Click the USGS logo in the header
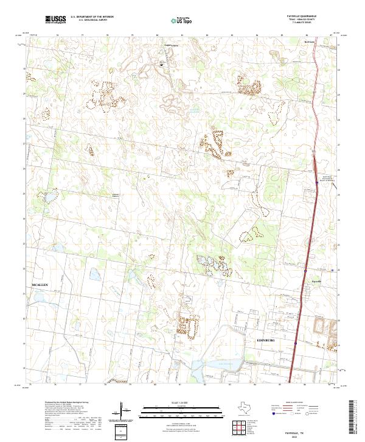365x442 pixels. (55, 20)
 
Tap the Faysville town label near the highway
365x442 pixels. (315, 281)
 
